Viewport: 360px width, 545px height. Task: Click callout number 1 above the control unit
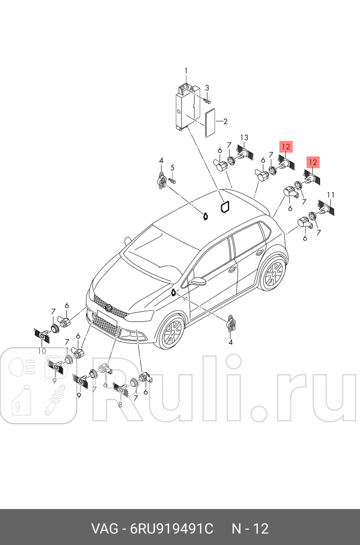coord(186,70)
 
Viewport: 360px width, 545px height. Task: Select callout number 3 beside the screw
coord(207,88)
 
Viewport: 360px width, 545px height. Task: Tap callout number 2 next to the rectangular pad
coord(225,121)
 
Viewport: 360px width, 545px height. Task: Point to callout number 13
coord(244,138)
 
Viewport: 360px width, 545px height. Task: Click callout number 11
coord(331,195)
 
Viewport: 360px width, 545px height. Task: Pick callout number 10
coord(42,351)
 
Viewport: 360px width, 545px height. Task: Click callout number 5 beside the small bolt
coord(172,167)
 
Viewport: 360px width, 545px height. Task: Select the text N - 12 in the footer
coord(250,529)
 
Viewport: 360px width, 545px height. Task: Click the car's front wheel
coord(171,333)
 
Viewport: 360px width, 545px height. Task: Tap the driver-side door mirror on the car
coord(198,280)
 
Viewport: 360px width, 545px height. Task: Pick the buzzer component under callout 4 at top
coord(162,182)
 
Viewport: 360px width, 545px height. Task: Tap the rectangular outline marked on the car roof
coord(224,208)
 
